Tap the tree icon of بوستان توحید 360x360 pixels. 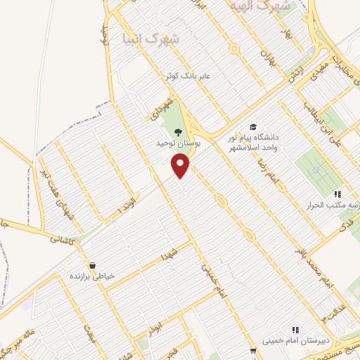(x=177, y=131)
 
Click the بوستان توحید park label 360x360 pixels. (x=178, y=143)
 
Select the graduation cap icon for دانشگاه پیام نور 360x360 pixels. (x=252, y=127)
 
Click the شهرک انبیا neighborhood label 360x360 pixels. (x=149, y=38)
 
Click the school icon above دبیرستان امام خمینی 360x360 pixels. (x=295, y=328)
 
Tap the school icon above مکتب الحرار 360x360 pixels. (x=337, y=194)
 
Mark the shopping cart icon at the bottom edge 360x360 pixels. (x=253, y=351)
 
